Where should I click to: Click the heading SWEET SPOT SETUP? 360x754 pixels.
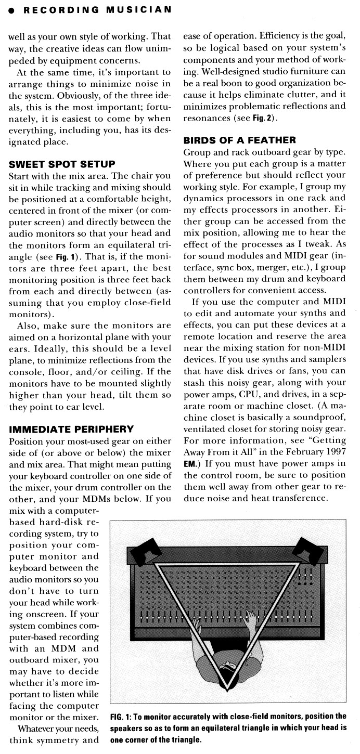(62, 164)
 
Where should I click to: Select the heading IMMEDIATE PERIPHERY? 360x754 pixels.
(71, 429)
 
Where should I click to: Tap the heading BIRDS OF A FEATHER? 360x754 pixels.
(239, 140)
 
